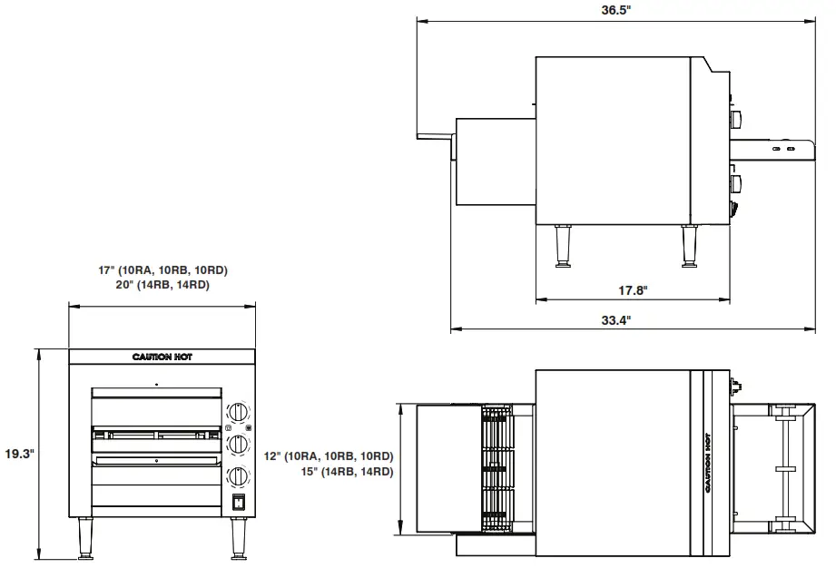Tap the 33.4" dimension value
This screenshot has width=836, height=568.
(615, 320)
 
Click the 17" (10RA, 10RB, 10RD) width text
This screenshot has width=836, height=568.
(162, 270)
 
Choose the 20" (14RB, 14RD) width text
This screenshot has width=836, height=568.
(162, 285)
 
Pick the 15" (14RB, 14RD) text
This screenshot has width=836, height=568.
(349, 472)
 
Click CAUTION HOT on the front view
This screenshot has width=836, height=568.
(162, 357)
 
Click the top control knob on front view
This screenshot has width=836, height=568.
(238, 411)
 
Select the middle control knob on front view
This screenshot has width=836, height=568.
(238, 444)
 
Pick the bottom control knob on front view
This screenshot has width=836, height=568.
(238, 475)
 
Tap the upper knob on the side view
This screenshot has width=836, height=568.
(737, 120)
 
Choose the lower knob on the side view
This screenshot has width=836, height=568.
(737, 184)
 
